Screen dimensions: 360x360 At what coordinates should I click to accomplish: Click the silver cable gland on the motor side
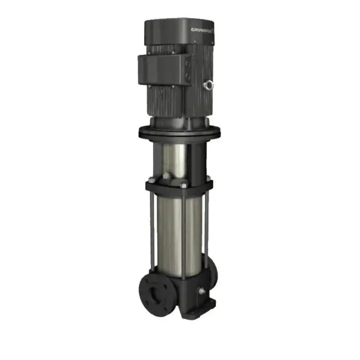click(208, 83)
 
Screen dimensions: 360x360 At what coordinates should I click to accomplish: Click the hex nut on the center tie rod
click(184, 183)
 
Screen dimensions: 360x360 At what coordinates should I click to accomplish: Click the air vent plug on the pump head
click(167, 175)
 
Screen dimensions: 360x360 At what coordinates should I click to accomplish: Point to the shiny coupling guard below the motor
click(173, 157)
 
